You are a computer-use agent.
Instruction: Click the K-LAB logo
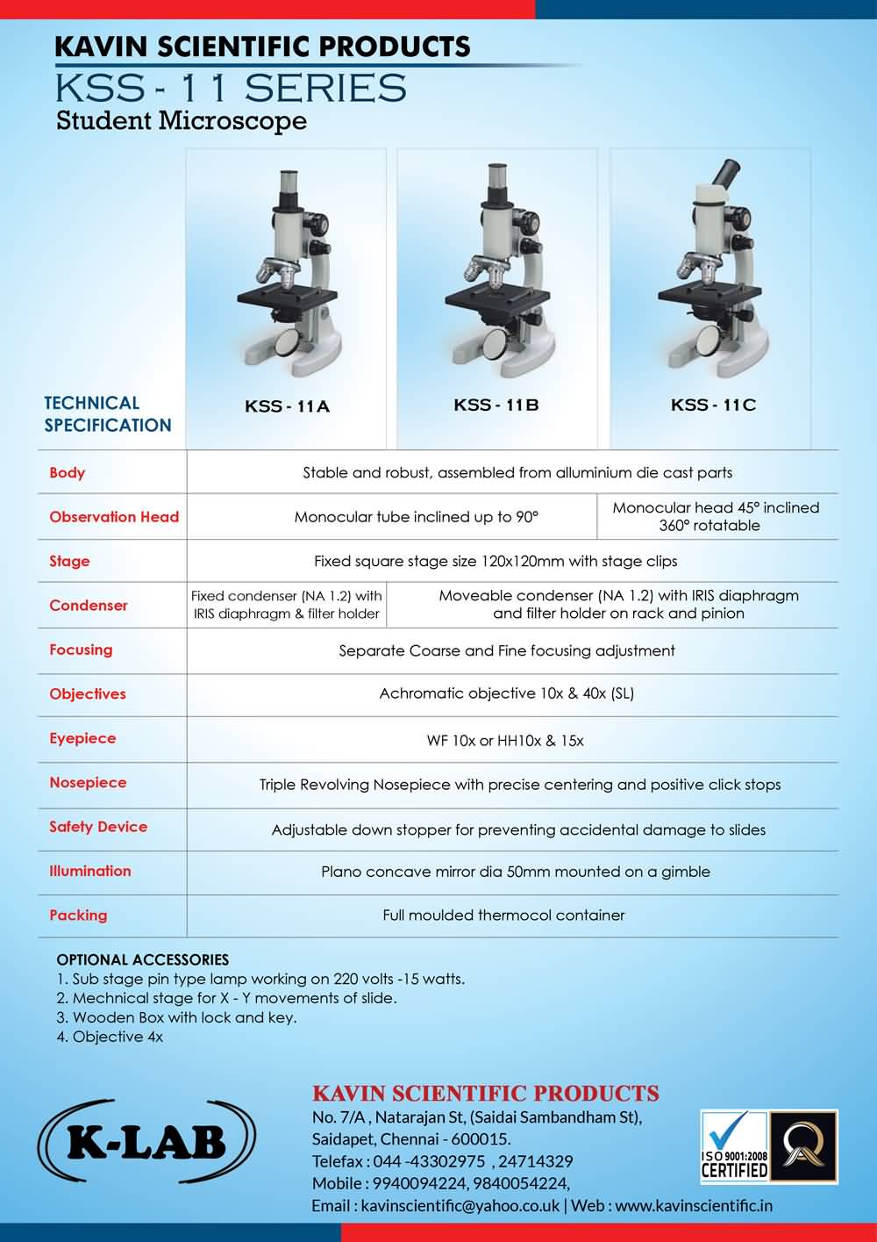click(146, 1142)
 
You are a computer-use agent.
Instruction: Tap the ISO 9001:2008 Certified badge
click(734, 1145)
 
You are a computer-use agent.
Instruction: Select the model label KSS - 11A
click(287, 406)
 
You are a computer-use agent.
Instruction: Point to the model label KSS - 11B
click(496, 405)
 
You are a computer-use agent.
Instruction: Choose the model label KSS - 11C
click(713, 405)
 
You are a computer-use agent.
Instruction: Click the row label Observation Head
click(114, 517)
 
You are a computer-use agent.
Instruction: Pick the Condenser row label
click(89, 606)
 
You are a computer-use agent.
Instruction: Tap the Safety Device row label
click(98, 827)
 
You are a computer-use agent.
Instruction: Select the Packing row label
click(78, 915)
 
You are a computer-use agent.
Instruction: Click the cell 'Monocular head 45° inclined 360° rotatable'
click(716, 517)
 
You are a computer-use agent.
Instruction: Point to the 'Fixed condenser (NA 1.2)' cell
click(287, 605)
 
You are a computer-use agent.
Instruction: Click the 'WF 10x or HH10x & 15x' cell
click(505, 741)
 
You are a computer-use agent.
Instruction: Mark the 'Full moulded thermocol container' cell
click(503, 915)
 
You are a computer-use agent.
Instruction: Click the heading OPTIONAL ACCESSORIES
click(142, 959)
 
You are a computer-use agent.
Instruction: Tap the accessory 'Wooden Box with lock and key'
click(184, 1017)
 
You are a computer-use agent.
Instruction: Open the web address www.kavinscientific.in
click(694, 1206)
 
